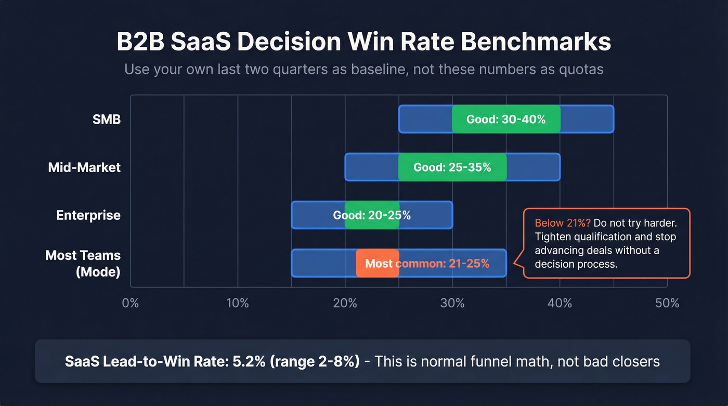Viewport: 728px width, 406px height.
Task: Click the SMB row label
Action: point(106,119)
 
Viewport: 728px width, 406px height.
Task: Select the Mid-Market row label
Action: point(84,167)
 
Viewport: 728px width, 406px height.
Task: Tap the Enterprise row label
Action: point(88,215)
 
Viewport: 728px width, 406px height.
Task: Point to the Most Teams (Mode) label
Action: point(83,263)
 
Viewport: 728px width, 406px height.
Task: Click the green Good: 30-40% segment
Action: point(506,119)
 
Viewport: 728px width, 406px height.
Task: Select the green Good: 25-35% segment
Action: point(452,167)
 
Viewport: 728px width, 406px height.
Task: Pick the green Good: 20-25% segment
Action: point(372,215)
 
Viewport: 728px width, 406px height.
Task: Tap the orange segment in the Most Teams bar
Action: point(378,263)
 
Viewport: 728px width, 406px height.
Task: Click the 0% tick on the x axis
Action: point(130,303)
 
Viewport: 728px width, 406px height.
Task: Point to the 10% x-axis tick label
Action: point(238,303)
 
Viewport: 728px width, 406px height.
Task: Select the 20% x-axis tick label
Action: point(345,303)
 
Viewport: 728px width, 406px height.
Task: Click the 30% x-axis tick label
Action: point(452,303)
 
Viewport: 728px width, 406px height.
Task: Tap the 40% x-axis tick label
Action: point(560,303)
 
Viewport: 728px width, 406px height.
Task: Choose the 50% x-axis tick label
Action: point(667,303)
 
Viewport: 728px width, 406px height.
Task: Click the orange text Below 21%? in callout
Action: point(563,223)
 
